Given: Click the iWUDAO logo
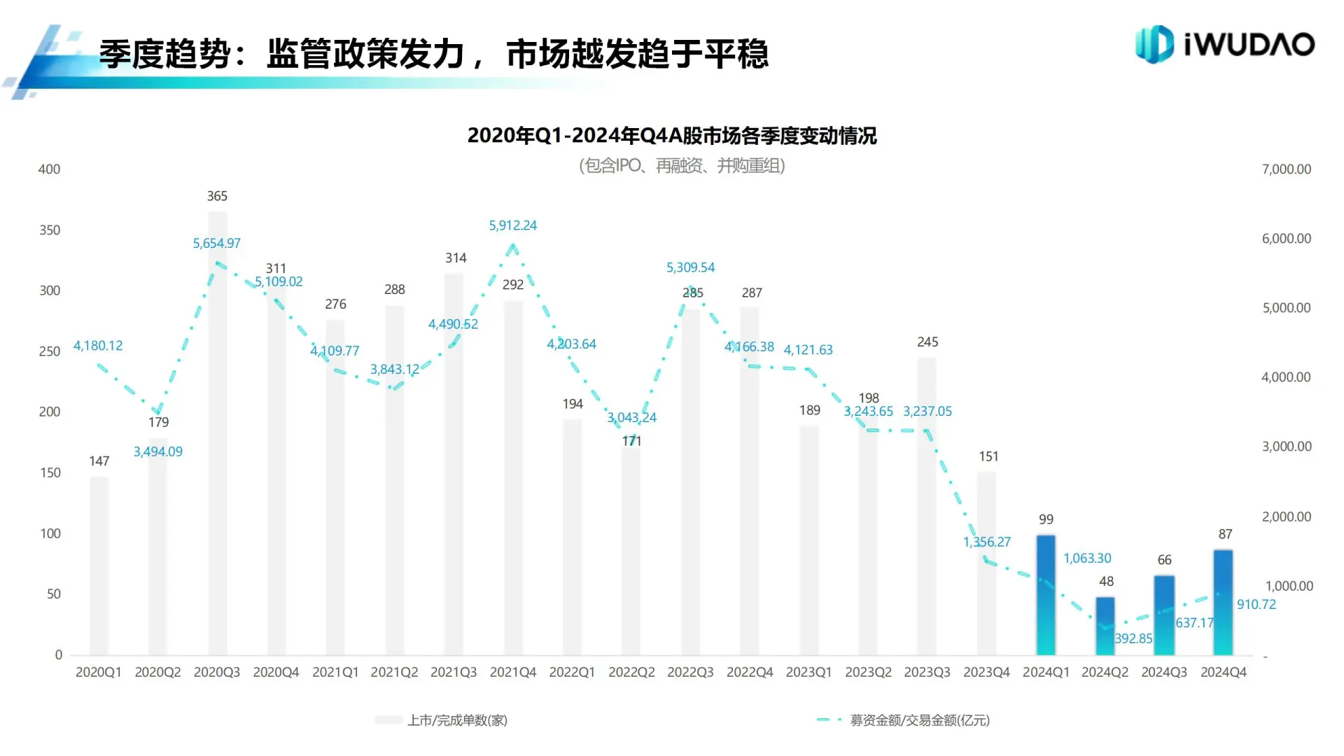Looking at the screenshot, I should (1224, 44).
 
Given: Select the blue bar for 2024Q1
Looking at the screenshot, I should (1046, 595).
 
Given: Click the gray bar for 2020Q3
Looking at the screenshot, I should (217, 434).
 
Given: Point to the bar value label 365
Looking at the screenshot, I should (217, 196).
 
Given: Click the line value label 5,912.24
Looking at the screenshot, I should (512, 225).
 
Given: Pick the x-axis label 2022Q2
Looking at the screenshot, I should (631, 672).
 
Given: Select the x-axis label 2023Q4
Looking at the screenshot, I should (986, 672).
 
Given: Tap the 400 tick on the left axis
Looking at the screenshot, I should (49, 169).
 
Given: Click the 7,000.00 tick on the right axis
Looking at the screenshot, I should (1286, 169).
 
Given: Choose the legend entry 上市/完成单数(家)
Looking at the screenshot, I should (457, 720).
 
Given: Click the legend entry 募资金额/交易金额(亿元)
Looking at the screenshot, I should (919, 720).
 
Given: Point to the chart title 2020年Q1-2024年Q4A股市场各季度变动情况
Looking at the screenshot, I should (672, 135).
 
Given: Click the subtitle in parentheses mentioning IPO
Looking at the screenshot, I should (682, 166).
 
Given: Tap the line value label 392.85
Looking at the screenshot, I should (1133, 638).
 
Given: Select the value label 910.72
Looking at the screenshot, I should (1256, 604).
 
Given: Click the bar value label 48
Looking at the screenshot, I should (1106, 582).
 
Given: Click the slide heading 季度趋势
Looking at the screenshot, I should (164, 54).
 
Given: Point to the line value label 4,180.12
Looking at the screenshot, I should (98, 346).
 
